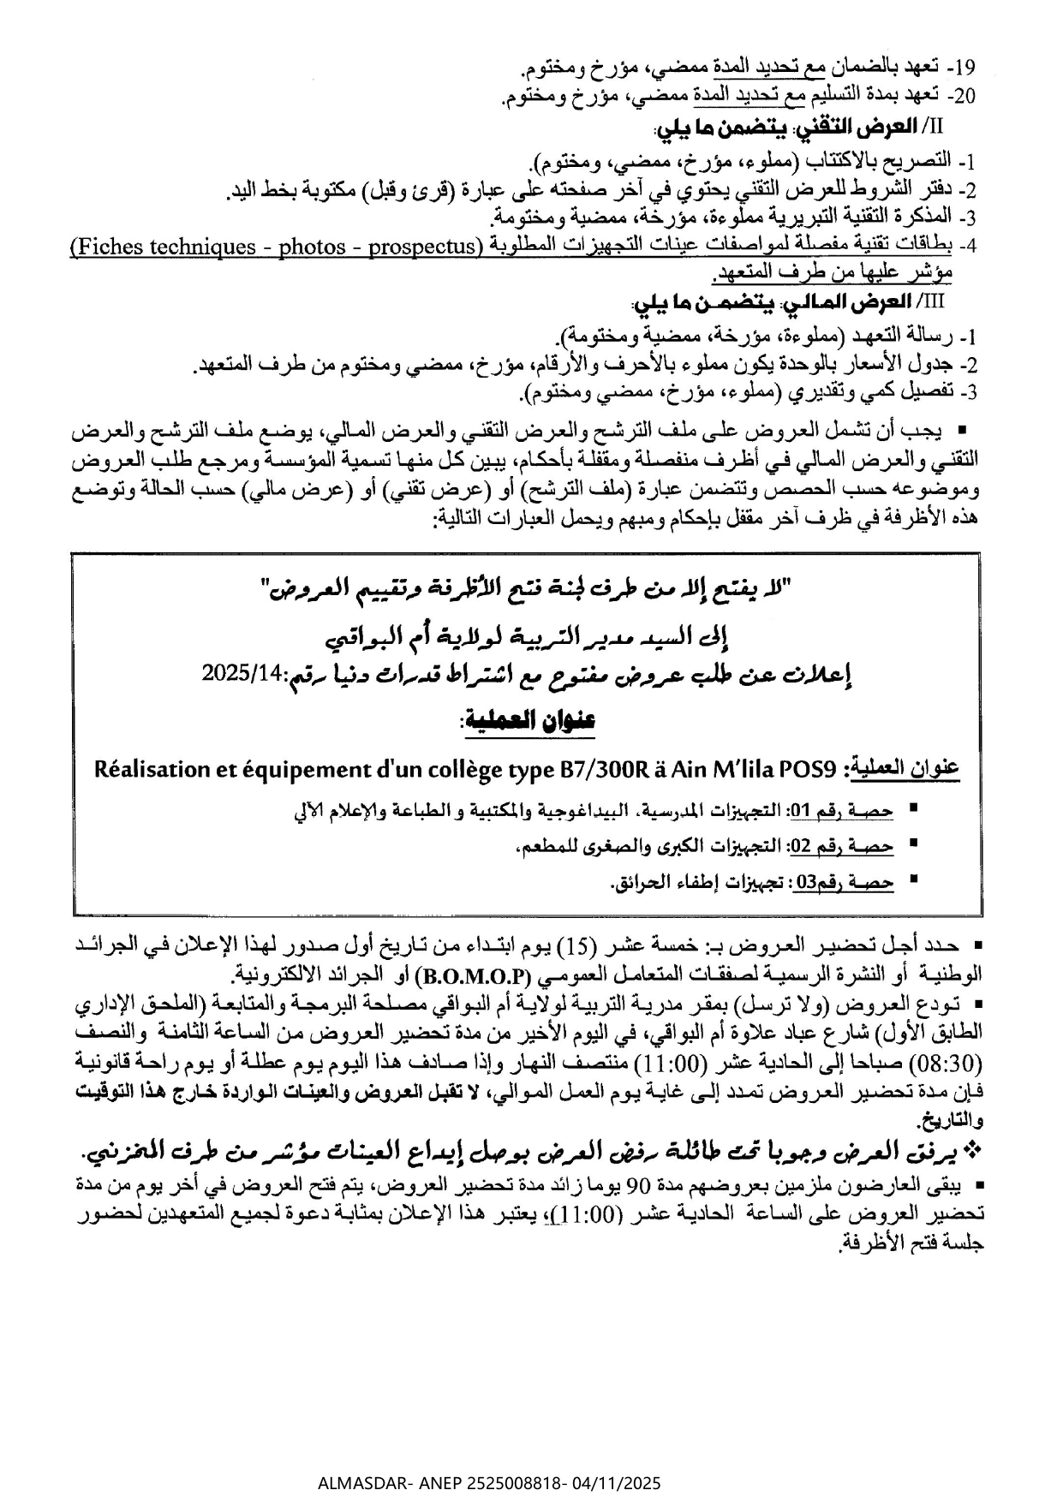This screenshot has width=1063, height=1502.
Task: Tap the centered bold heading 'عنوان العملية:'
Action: click(528, 721)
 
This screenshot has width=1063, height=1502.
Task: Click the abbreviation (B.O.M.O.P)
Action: click(473, 975)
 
